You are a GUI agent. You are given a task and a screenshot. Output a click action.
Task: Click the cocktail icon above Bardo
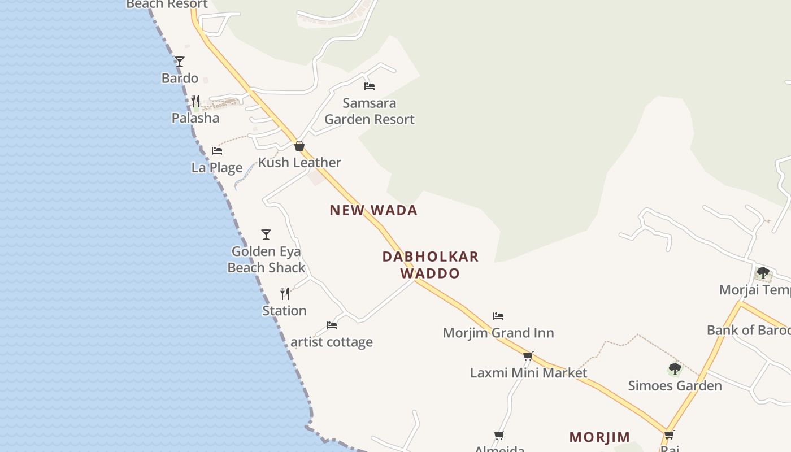[179, 61]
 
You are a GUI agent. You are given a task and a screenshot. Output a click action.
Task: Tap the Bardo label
[180, 78]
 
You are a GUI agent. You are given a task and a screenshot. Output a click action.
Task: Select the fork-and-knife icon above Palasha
[195, 101]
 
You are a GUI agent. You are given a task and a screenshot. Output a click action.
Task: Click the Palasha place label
[195, 118]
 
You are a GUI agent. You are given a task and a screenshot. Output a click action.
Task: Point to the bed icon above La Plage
[217, 151]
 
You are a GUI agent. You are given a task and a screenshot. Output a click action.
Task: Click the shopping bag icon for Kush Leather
[299, 146]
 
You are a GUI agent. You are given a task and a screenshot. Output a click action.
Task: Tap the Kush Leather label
[299, 163]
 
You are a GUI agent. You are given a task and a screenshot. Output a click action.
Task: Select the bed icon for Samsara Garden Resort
[370, 86]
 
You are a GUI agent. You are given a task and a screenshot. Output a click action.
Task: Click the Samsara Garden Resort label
[370, 111]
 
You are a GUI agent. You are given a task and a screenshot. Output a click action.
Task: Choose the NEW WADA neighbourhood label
[373, 210]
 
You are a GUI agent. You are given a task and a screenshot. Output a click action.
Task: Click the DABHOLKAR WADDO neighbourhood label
[431, 264]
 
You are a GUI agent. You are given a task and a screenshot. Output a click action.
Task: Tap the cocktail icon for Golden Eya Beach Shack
[266, 234]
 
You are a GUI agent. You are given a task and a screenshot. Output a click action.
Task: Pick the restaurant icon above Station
[285, 294]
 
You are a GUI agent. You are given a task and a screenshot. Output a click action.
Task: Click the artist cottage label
[332, 342]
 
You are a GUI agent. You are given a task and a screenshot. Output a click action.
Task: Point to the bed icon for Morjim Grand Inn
[498, 316]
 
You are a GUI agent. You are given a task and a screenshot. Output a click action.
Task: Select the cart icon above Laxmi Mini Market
[528, 357]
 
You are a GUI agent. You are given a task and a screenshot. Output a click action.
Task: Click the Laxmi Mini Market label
[529, 373]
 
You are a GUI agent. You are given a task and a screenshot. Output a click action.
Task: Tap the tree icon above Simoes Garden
[675, 370]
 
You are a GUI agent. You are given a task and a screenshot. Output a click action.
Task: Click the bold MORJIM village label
[599, 437]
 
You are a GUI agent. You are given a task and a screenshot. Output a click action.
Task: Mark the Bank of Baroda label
[748, 330]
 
